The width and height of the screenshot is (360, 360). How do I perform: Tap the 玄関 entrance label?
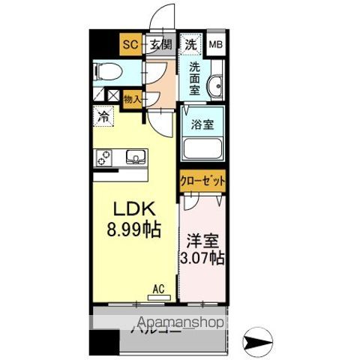[160, 44]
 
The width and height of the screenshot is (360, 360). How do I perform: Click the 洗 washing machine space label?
[192, 44]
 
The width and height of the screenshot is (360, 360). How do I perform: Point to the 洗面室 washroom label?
[194, 78]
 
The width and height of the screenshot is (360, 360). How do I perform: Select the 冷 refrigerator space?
[103, 117]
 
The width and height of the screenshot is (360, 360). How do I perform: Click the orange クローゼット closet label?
[202, 181]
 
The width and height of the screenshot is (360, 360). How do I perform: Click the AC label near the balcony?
[157, 288]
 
